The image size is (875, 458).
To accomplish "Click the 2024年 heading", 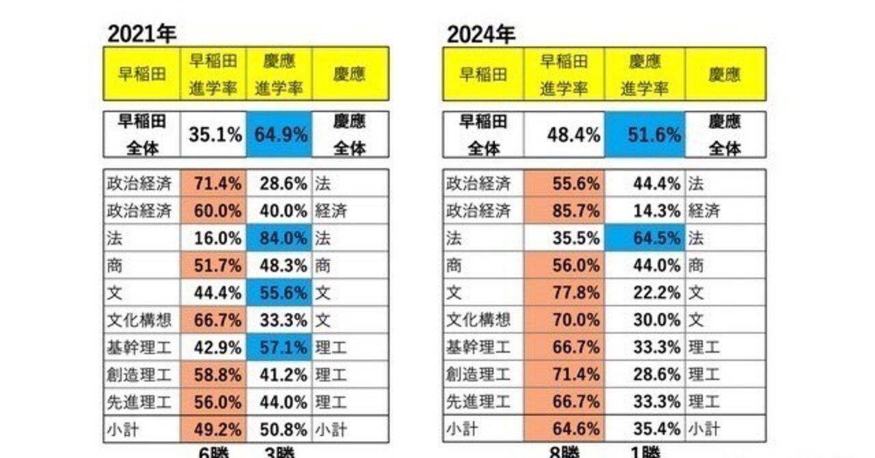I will pyautogui.click(x=481, y=33).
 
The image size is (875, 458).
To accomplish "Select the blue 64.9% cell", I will pyautogui.click(x=280, y=135).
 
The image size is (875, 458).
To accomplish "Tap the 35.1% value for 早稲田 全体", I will pyautogui.click(x=215, y=135).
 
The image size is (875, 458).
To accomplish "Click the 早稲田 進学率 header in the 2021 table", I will pyautogui.click(x=213, y=74).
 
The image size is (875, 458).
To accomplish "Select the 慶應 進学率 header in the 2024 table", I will pyautogui.click(x=644, y=74).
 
